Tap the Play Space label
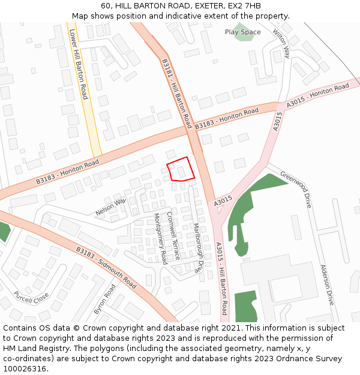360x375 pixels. pyautogui.click(x=242, y=32)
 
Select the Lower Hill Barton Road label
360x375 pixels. pyautogui.click(x=79, y=64)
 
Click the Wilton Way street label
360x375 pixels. pyautogui.click(x=281, y=43)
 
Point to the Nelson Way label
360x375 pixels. pyautogui.click(x=111, y=207)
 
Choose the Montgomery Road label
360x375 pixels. pyautogui.click(x=160, y=238)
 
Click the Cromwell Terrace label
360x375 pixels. pyautogui.click(x=173, y=235)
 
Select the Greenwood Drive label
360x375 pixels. pyautogui.click(x=296, y=190)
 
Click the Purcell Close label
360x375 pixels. pyautogui.click(x=32, y=298)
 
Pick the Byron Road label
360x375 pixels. pyautogui.click(x=104, y=299)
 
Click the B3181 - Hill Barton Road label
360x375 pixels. pyautogui.click(x=176, y=93)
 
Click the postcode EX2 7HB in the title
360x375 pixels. pyautogui.click(x=244, y=6)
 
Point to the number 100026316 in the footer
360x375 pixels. pyautogui.click(x=25, y=369)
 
